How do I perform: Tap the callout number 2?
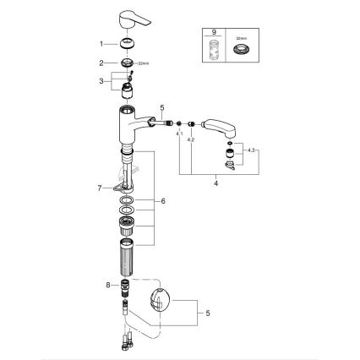coord(102,63)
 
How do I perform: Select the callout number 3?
coord(102,81)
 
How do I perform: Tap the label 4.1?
coord(178,134)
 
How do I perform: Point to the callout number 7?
coord(99,187)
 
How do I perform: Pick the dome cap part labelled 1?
coord(127,46)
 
